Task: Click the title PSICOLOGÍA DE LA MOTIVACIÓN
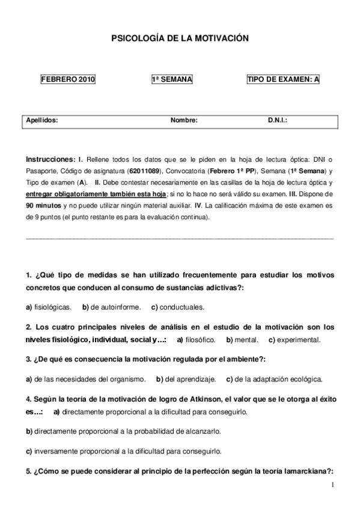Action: point(180,38)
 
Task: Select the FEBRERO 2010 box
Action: point(68,79)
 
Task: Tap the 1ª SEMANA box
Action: point(172,79)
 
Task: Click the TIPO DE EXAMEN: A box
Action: point(283,79)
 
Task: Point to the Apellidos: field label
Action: point(42,120)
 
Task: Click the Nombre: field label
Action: point(184,120)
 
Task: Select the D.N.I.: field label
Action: point(278,120)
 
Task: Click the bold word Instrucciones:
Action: point(50,159)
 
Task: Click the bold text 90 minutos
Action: point(41,205)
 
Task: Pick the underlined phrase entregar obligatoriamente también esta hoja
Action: point(96,194)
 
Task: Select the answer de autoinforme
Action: point(116,307)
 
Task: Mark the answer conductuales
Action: point(183,307)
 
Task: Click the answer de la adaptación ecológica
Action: point(279,379)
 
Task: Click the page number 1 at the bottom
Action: point(331,484)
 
